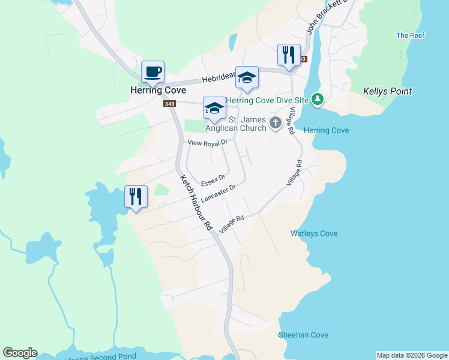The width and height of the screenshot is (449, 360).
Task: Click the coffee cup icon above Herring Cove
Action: [x=152, y=72]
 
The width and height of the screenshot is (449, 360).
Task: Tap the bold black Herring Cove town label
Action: [x=154, y=91]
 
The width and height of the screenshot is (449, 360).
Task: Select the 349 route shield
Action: [x=169, y=104]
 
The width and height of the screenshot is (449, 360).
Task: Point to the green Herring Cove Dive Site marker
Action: [x=318, y=100]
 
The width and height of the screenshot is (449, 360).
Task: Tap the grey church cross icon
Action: [x=276, y=123]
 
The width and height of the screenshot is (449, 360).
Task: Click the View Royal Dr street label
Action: [x=208, y=143]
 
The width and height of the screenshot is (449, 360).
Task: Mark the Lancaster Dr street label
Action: [x=219, y=194]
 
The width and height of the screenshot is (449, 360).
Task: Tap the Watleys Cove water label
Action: [x=314, y=233]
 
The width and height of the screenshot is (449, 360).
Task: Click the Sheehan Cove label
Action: [x=303, y=335]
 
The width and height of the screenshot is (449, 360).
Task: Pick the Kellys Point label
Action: [x=388, y=92]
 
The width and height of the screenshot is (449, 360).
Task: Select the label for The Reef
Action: [x=411, y=35]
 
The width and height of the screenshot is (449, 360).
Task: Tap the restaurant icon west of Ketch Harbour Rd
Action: [x=136, y=197]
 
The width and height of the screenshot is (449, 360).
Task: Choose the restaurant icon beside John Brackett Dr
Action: [x=289, y=55]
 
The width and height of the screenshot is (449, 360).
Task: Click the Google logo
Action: [x=20, y=353]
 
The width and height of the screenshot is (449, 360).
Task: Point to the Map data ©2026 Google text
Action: [x=412, y=355]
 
